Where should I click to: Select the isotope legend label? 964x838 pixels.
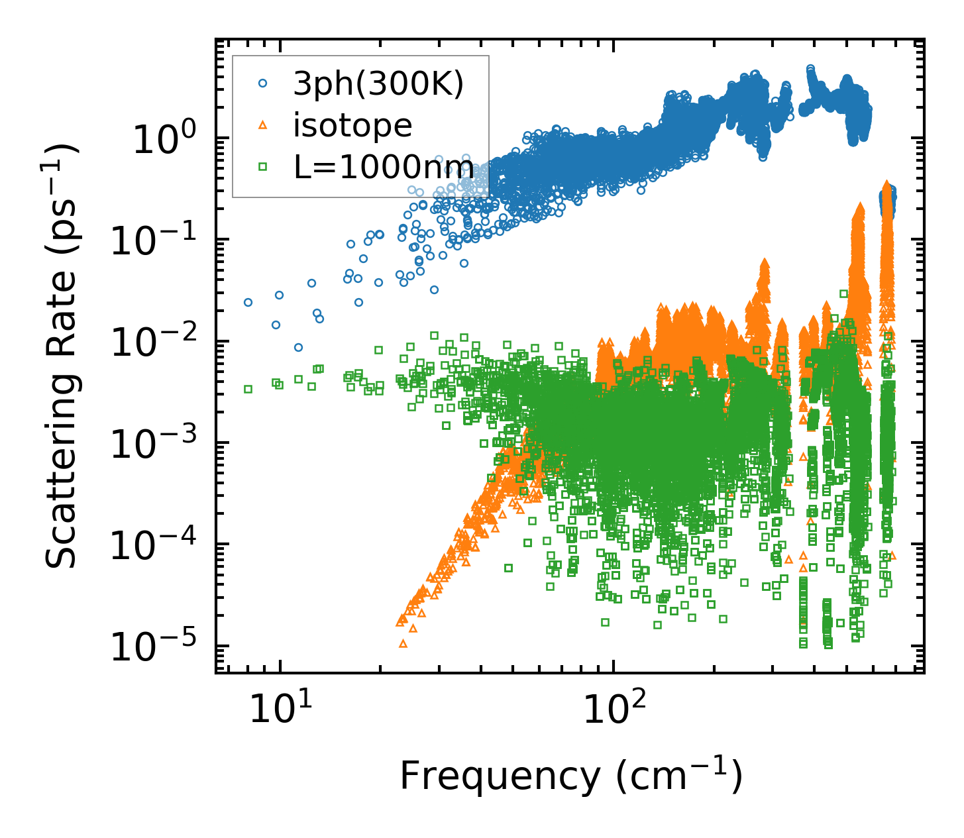352,125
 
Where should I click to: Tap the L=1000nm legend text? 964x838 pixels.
384,167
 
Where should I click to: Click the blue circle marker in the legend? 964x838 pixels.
262,83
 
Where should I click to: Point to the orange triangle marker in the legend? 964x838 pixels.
262,125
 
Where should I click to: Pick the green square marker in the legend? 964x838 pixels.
262,167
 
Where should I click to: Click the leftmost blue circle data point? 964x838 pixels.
248,302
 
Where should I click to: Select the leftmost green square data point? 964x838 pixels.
248,389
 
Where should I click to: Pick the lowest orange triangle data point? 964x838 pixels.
403,643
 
